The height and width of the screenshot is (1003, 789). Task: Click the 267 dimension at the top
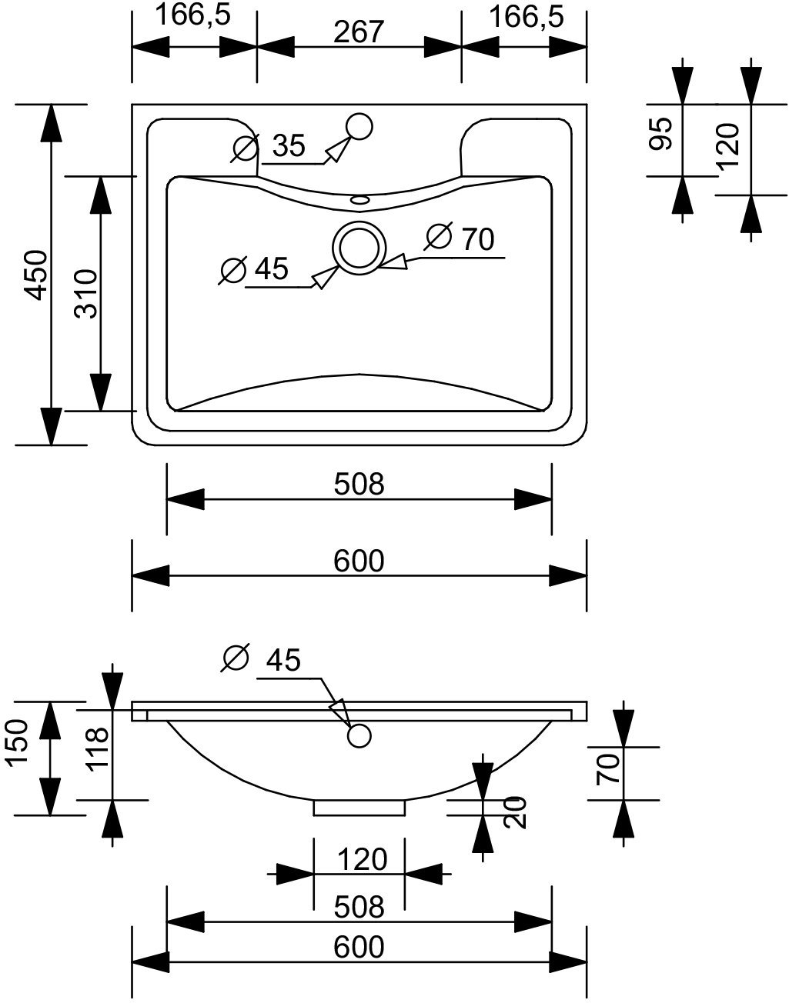coord(359,32)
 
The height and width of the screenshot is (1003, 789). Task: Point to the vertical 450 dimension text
coord(37,274)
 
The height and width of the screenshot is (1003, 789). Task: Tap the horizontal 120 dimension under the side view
coord(359,858)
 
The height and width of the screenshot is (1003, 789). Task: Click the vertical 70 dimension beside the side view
coord(607,769)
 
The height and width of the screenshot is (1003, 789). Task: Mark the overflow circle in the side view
coord(359,735)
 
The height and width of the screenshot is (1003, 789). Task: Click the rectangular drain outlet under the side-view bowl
coord(359,808)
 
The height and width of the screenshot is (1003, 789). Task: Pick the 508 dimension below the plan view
coord(359,484)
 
